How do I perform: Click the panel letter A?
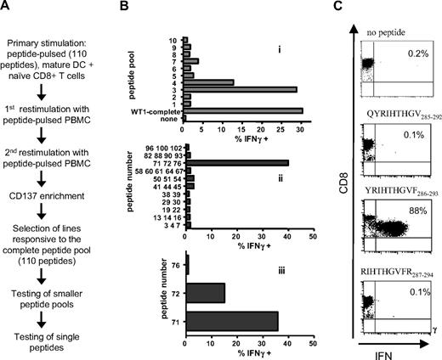coord(7,8)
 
